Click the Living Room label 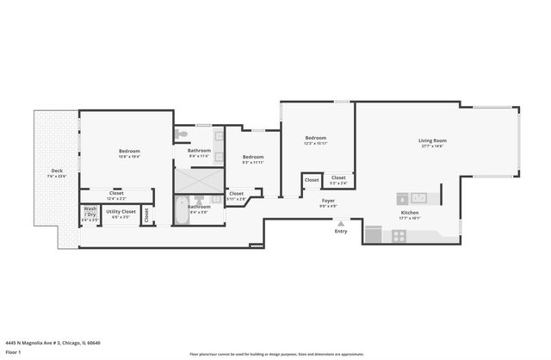coord(432,140)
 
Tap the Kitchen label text coord(410,213)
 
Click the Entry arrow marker coord(341,223)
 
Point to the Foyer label coord(328,201)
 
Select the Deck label coord(57,171)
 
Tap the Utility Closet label coord(121,211)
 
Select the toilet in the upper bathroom coord(180,134)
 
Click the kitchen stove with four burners coord(399,235)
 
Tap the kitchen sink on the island coord(419,197)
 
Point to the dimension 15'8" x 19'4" coord(129,157)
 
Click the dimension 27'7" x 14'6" coord(432,146)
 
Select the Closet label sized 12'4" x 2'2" coord(117,196)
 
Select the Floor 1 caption coord(13,352)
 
